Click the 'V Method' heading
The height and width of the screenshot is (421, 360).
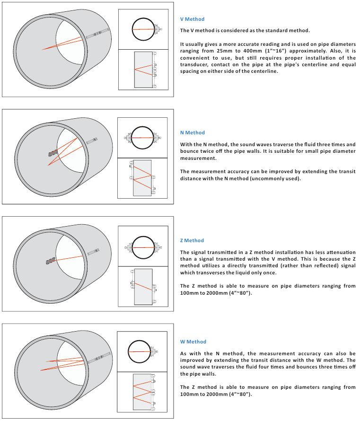click(192, 19)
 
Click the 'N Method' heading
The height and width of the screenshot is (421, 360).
click(193, 133)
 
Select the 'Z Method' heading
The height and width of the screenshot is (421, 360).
click(192, 240)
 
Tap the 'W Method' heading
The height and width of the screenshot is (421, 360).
click(193, 342)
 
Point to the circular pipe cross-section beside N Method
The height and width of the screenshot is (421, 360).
click(142, 137)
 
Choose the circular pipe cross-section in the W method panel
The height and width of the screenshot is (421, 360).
click(141, 351)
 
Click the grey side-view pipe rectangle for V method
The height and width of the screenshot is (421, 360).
click(143, 70)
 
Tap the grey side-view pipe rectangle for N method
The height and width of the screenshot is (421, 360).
click(142, 178)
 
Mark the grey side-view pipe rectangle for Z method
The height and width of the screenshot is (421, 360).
click(142, 287)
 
